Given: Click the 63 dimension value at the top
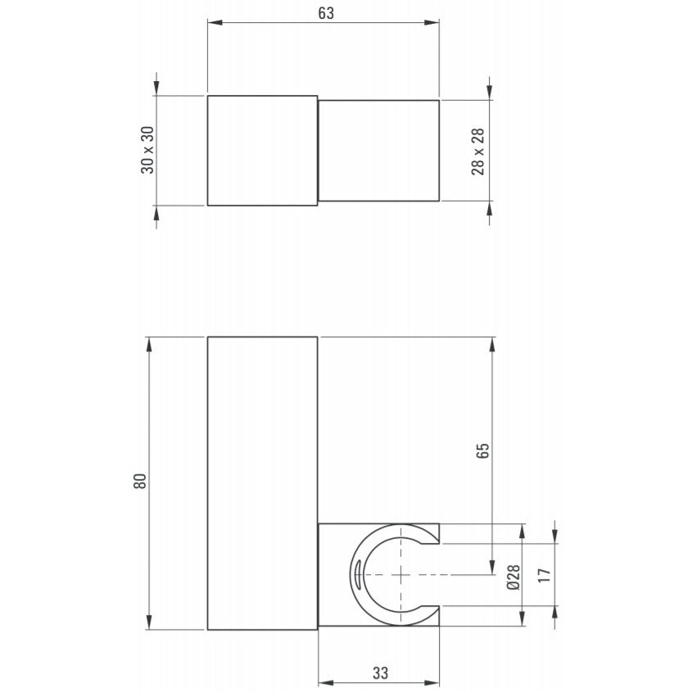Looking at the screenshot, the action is [x=326, y=13].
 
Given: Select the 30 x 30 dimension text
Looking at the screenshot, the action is [x=147, y=150].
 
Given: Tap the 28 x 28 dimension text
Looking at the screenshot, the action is [x=478, y=152].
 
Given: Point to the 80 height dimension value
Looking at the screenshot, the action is [x=139, y=481].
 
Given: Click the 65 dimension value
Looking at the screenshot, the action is [x=483, y=450].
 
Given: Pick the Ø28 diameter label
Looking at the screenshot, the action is [x=513, y=577].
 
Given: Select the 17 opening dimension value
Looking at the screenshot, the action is [x=545, y=575].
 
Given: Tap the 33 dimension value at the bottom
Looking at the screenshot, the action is [x=380, y=673].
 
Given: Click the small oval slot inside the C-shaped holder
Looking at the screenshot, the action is [x=357, y=574].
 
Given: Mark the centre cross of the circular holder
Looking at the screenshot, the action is [x=400, y=575].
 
